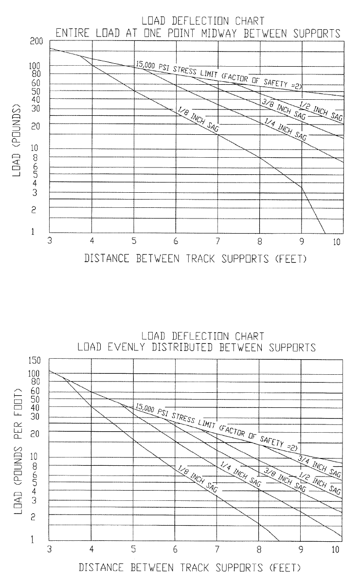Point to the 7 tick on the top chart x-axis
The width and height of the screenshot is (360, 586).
(x=217, y=242)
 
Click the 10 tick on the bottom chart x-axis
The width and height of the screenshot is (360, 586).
(x=336, y=549)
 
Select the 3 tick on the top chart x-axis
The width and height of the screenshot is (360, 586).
(x=50, y=242)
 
